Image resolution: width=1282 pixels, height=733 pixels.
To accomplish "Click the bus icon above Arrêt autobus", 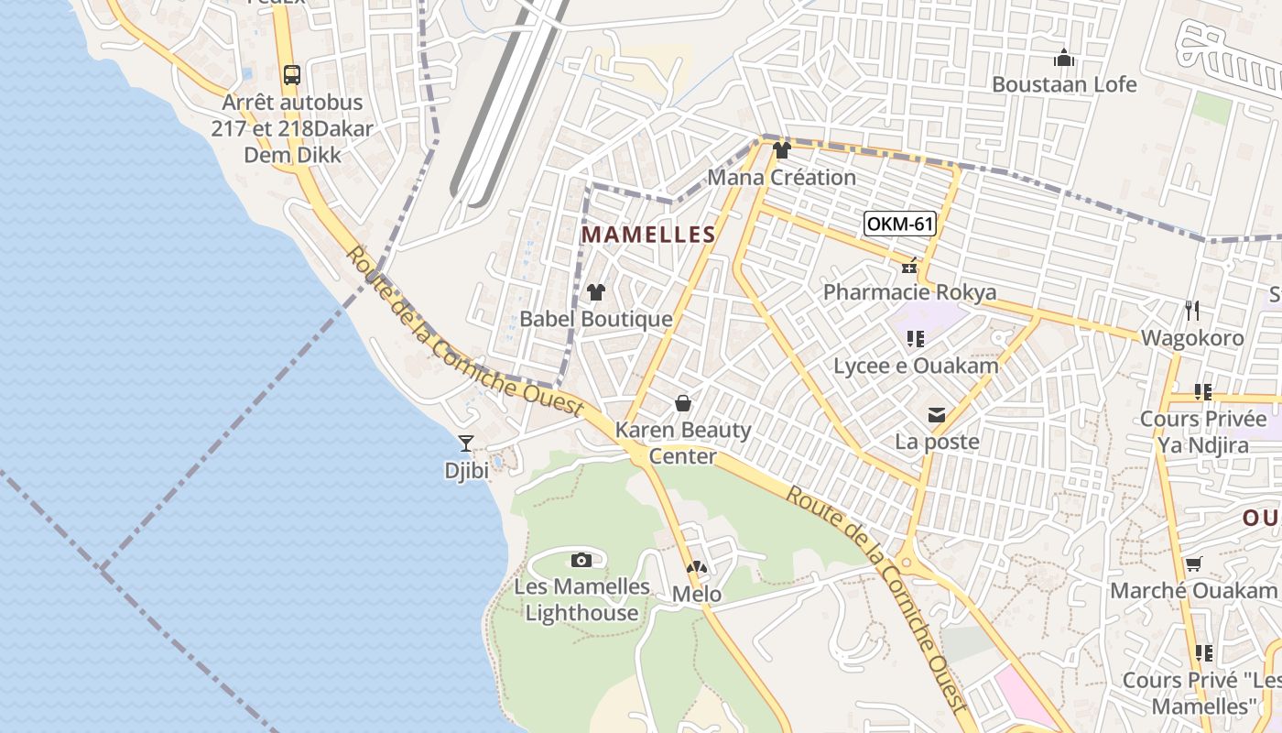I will [292, 75].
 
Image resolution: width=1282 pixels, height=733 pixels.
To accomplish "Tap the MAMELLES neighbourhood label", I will [648, 235].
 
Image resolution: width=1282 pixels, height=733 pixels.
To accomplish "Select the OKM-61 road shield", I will [900, 224].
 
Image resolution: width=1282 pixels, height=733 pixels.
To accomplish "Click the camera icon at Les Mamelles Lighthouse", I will [581, 560].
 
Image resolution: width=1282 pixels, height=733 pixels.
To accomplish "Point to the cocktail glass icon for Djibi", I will [466, 444].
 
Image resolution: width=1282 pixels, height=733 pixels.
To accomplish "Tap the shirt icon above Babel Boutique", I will [596, 292].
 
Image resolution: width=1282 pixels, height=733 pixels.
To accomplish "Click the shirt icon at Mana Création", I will [781, 150].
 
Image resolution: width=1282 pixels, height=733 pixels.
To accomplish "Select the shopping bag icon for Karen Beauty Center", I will [683, 403].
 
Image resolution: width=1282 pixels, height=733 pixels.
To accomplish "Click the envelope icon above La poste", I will [937, 416].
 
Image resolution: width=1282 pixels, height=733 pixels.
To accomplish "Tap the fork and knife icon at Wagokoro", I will [1192, 311].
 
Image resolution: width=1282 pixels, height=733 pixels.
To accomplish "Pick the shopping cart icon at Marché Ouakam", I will [1193, 564].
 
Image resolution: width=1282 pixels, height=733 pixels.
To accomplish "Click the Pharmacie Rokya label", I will [909, 292].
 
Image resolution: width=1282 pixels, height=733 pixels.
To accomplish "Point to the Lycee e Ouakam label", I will [916, 366].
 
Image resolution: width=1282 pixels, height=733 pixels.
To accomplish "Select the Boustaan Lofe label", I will [1064, 84].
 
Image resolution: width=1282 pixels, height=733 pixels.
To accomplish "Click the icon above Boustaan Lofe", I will [1064, 59].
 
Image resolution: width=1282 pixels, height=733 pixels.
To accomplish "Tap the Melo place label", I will [697, 595].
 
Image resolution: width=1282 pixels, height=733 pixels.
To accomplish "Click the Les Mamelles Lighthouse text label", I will [582, 600].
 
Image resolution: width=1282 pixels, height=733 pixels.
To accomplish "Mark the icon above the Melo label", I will [697, 569].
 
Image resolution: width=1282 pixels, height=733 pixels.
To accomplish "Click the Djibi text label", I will [466, 471].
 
